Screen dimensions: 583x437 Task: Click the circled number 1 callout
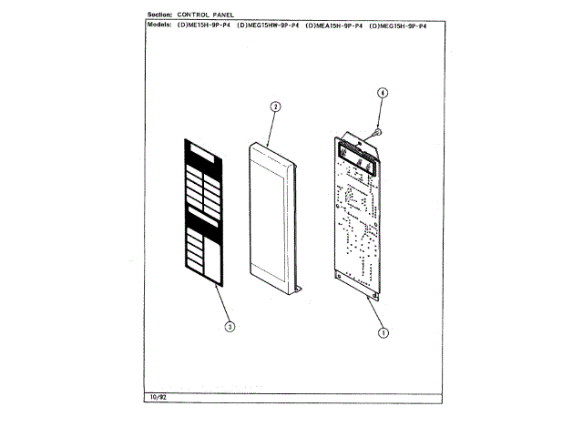pos(384,332)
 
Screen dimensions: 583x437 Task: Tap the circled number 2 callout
pos(274,106)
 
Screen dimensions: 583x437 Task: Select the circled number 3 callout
pos(230,324)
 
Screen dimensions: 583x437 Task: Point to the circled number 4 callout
pos(383,93)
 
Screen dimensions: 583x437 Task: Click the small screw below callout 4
pos(377,133)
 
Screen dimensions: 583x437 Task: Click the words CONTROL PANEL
pos(214,16)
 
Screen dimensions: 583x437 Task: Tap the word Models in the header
pos(161,25)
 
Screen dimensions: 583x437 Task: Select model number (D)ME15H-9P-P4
pos(205,25)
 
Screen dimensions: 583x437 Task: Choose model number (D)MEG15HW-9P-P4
pos(268,25)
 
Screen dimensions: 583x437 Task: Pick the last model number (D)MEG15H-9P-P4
pos(399,25)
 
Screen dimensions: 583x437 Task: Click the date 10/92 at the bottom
pos(156,398)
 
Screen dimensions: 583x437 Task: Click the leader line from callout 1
pos(377,315)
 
